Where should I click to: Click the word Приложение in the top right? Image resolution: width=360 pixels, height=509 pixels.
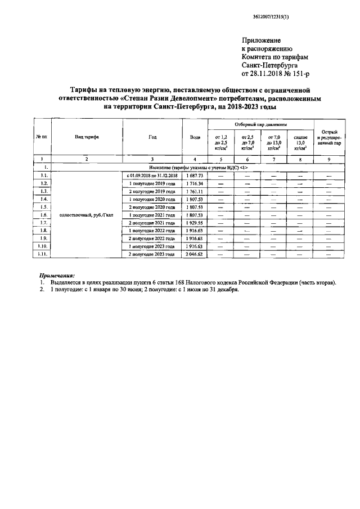tap(260, 41)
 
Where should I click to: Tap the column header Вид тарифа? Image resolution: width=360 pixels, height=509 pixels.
tap(87, 137)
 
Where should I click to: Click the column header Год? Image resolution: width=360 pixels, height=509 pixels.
tap(153, 137)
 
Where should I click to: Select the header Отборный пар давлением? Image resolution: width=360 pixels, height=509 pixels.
tap(260, 124)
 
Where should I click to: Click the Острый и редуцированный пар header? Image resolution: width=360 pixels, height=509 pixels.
tap(329, 137)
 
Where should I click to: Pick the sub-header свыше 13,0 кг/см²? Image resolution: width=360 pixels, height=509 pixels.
tap(300, 142)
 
